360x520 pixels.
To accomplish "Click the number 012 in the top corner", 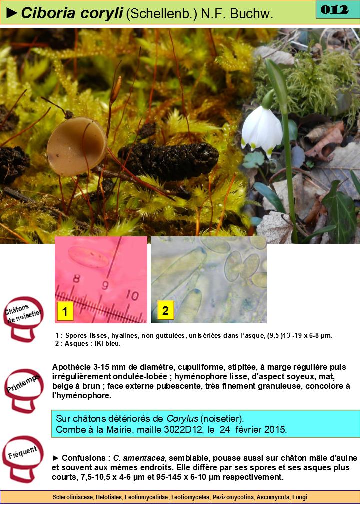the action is pos(335,9).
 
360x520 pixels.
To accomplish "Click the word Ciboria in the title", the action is pos(48,13).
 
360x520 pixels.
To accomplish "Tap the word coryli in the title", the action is pos(102,14).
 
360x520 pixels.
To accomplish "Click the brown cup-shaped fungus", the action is pos(76,146).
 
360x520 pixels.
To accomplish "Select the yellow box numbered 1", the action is pos(65,311).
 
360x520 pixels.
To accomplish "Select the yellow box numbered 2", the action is pos(165,310).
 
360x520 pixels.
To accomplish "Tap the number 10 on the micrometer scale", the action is pos(132,295).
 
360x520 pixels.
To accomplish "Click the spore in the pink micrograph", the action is pos(88,257).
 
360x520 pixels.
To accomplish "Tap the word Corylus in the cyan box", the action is pos(182,418).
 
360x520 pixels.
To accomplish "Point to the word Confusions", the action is pos(84,458).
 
